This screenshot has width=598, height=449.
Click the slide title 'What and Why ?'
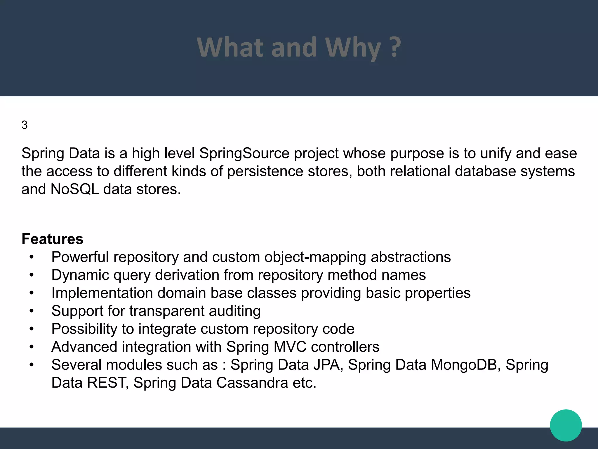coord(299,47)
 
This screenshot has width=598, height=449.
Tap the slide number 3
coord(25,125)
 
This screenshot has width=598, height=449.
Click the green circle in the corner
coord(566,425)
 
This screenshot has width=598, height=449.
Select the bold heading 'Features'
coord(53,239)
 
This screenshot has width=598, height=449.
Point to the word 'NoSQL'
coord(75,189)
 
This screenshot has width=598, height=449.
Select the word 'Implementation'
coord(102,293)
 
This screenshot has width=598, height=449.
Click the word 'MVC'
coord(290,347)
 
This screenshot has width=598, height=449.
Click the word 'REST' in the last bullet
coord(106,383)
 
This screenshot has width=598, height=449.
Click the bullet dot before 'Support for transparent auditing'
coord(32,311)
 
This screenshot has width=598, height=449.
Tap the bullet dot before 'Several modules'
coord(32,365)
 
